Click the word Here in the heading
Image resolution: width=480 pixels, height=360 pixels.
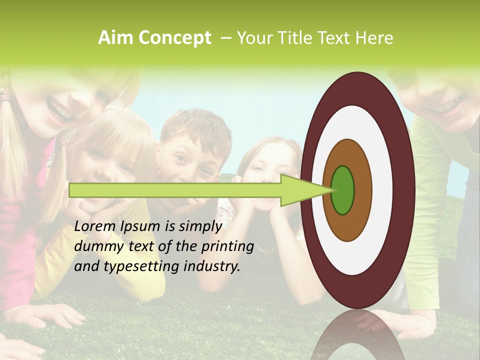(374, 38)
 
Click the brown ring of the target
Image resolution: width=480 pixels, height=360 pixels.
(362, 190)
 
